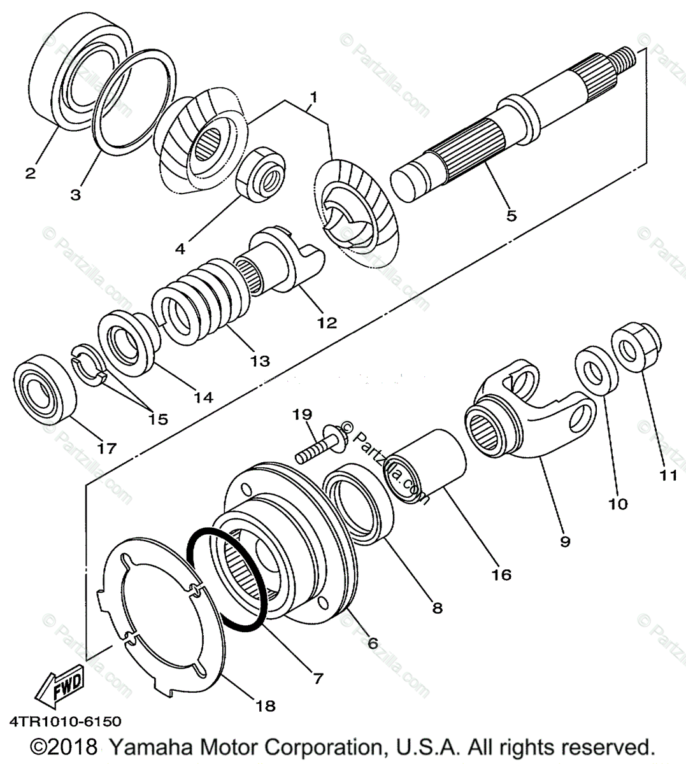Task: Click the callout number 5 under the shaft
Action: (511, 215)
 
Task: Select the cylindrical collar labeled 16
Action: (428, 467)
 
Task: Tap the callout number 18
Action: (267, 706)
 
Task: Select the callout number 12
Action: (326, 322)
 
